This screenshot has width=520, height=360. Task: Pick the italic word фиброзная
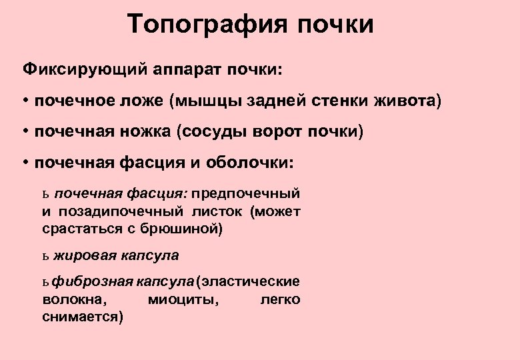pyautogui.click(x=89, y=282)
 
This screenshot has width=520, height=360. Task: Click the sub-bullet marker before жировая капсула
pyautogui.click(x=45, y=256)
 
